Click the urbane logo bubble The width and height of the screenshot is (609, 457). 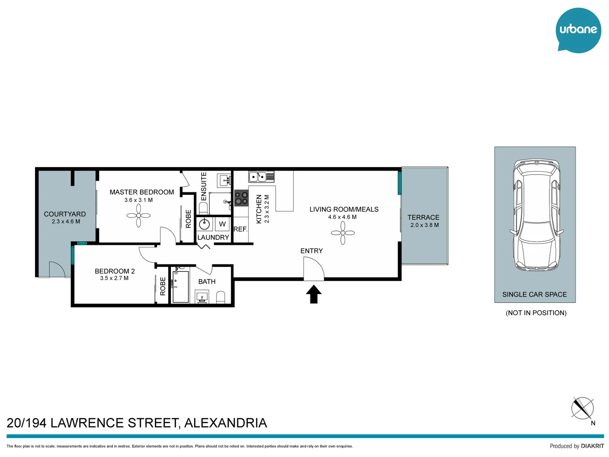click(x=578, y=30)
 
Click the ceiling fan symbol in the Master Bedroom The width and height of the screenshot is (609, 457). click(x=138, y=216)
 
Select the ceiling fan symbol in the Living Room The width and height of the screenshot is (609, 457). click(x=343, y=233)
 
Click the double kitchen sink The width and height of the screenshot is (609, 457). click(x=261, y=176)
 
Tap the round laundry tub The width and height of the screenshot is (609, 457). click(x=205, y=224)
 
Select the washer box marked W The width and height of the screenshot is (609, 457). click(x=222, y=224)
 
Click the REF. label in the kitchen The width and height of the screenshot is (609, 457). click(x=240, y=229)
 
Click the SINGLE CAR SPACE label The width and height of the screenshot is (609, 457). click(x=534, y=295)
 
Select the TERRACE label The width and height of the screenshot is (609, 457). click(x=423, y=217)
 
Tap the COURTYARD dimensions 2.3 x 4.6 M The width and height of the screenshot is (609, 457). click(x=66, y=221)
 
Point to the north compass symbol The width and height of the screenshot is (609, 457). click(x=582, y=408)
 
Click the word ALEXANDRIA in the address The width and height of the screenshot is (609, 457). click(x=225, y=423)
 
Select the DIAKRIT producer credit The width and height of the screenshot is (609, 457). click(x=592, y=446)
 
